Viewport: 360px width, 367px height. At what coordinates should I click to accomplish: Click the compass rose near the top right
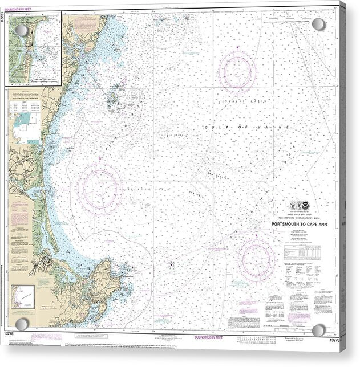[x=237, y=72]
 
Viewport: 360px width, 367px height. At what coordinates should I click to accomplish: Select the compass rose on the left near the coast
[x=99, y=186]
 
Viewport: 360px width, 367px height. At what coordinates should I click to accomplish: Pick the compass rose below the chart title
[x=257, y=259]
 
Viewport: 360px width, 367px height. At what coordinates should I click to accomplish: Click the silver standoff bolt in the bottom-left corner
[x=22, y=324]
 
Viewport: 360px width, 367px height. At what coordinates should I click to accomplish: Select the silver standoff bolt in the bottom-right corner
[x=318, y=331]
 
